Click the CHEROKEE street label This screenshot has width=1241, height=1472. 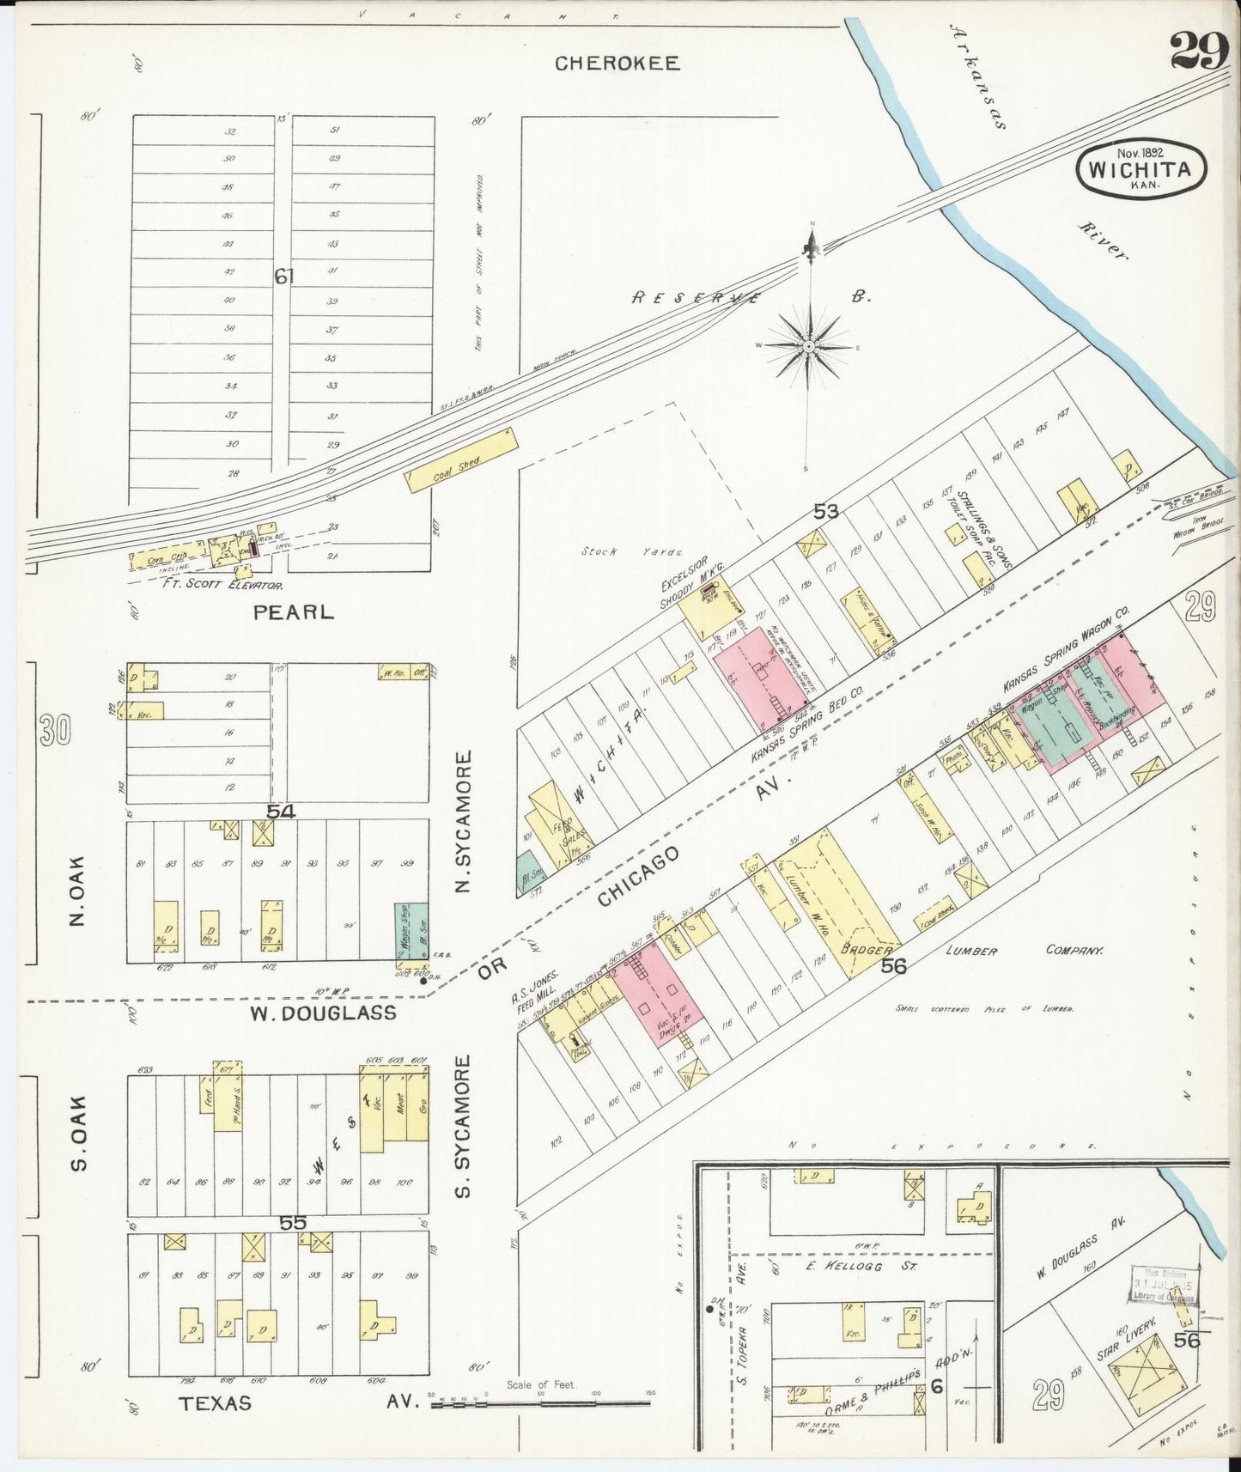[x=617, y=63]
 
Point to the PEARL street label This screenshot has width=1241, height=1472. [x=293, y=612]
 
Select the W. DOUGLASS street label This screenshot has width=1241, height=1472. [x=323, y=1013]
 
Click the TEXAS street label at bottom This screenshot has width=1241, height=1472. [x=216, y=1402]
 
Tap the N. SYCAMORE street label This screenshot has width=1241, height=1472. [x=464, y=821]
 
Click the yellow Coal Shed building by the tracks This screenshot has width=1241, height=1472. [x=462, y=461]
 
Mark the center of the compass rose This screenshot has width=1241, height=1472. [x=808, y=346]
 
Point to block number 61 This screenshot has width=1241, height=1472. [x=284, y=277]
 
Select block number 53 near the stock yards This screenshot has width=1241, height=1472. [x=825, y=512]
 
